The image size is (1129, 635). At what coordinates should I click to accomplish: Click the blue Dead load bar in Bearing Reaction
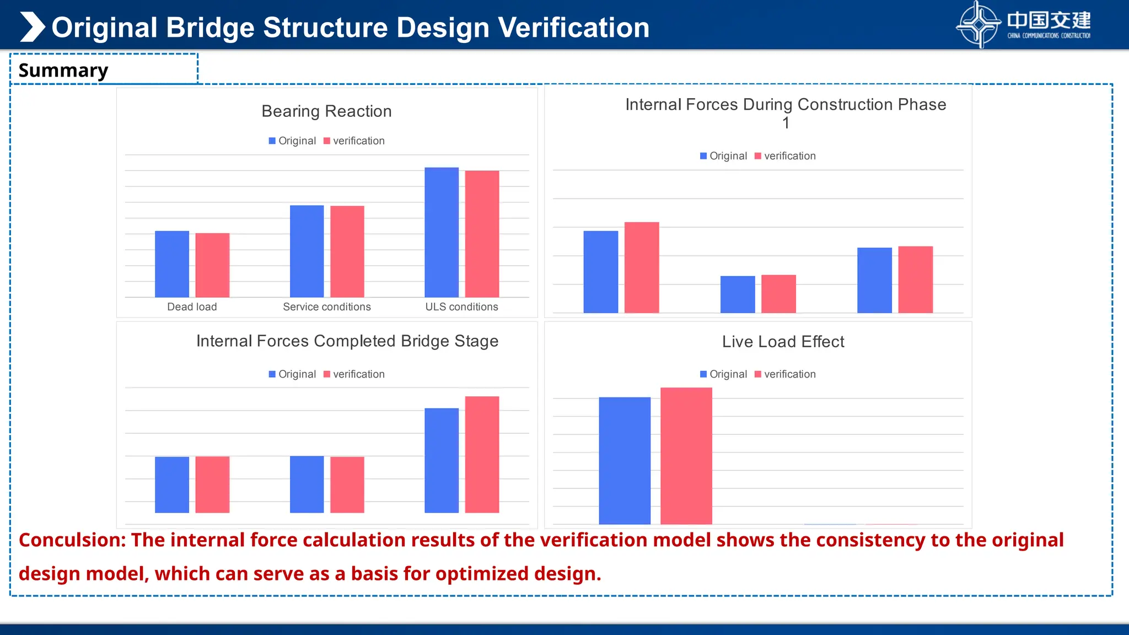coord(171,264)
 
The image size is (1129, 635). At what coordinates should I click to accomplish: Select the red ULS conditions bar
coord(482,234)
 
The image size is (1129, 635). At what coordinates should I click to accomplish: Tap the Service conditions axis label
coord(326,307)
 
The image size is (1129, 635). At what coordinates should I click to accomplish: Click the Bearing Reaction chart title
coord(326,111)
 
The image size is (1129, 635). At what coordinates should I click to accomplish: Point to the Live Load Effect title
coord(783,342)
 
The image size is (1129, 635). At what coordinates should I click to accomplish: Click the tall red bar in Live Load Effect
coord(686,456)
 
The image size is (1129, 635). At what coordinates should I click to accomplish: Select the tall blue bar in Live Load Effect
coord(624,460)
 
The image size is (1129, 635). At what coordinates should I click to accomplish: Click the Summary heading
coord(63,71)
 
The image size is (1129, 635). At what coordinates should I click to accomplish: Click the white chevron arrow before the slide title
coord(32,27)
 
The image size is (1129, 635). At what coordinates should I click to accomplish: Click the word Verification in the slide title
coord(573,28)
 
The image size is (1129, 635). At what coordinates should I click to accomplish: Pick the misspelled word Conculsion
coord(72,540)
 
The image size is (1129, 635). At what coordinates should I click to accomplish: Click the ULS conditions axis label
coord(461,307)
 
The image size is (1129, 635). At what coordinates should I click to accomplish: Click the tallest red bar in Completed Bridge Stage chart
coord(482,454)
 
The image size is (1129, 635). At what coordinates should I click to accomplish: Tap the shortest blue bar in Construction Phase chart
coord(737,294)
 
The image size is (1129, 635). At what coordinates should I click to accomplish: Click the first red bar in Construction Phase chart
coord(641,267)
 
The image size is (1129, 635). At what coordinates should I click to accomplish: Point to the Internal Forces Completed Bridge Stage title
coord(347,341)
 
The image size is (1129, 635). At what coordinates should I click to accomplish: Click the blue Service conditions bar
coord(307,251)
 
